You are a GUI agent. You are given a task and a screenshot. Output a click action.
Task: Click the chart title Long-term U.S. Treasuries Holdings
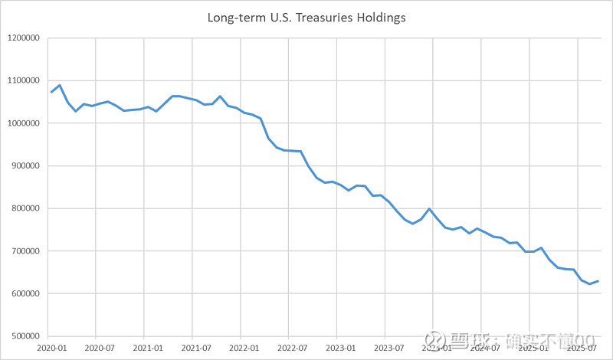[x=306, y=17]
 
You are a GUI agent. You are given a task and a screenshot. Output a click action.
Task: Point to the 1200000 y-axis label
[x=24, y=38]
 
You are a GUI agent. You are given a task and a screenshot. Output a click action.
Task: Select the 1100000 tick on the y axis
[x=24, y=80]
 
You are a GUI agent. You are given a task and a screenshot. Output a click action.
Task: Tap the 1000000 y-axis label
[x=24, y=123]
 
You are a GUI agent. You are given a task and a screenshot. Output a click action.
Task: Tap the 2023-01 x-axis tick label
[x=337, y=348]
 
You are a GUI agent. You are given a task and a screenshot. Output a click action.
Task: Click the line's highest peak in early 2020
[x=60, y=85]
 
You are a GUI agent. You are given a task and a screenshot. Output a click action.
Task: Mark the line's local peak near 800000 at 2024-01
[x=429, y=209]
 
